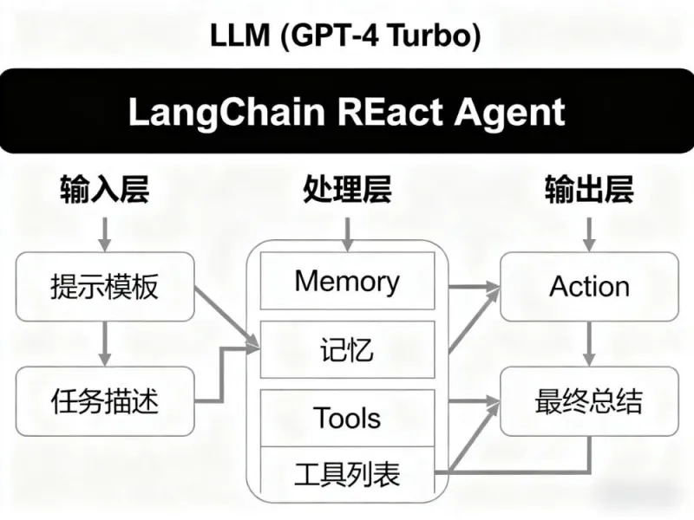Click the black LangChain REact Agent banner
[347, 113]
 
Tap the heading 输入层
[104, 189]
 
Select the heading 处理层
[347, 189]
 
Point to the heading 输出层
[590, 189]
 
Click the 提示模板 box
[104, 286]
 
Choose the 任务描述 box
[104, 400]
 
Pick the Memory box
[347, 282]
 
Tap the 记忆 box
[347, 349]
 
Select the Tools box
[347, 418]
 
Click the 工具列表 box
[347, 474]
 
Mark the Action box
[590, 286]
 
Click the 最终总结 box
[590, 400]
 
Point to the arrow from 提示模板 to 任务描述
[104, 343]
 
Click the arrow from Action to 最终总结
[590, 343]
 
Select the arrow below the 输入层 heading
[104, 231]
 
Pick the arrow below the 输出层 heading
[590, 231]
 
